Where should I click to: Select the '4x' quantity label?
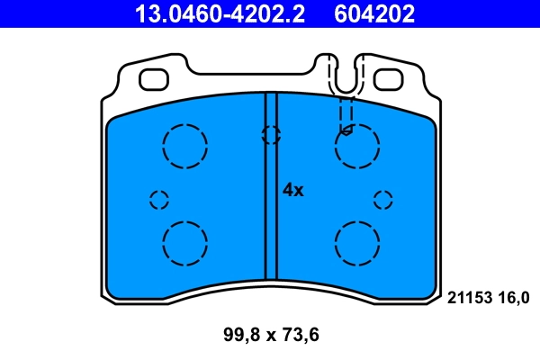[293, 190]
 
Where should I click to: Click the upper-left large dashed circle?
[185, 147]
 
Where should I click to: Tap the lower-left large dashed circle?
[185, 242]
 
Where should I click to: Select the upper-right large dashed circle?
[356, 147]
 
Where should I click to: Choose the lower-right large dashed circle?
[356, 242]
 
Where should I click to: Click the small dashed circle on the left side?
[159, 199]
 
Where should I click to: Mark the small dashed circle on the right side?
[383, 199]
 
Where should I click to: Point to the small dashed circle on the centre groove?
[271, 135]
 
